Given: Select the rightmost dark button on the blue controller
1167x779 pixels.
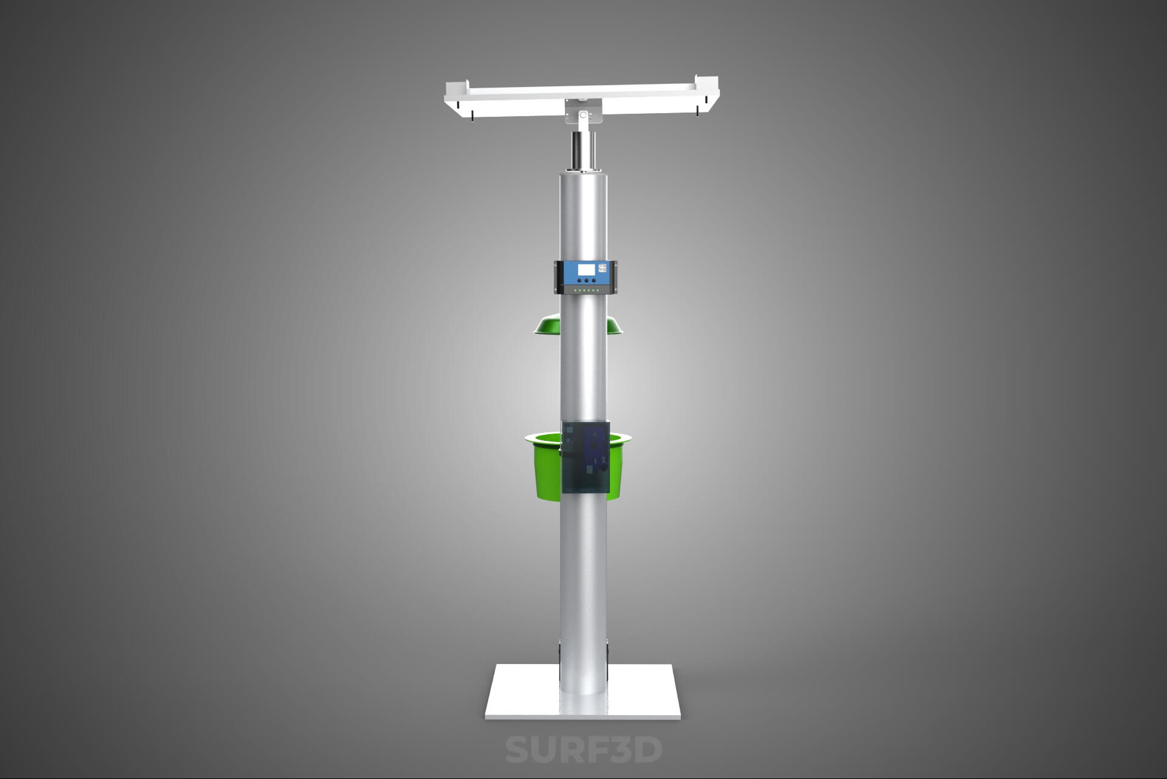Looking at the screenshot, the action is coord(594,281).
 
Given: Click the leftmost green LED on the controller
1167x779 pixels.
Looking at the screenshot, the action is coord(575,291).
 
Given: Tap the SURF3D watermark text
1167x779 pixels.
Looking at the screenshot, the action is coord(584,749).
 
